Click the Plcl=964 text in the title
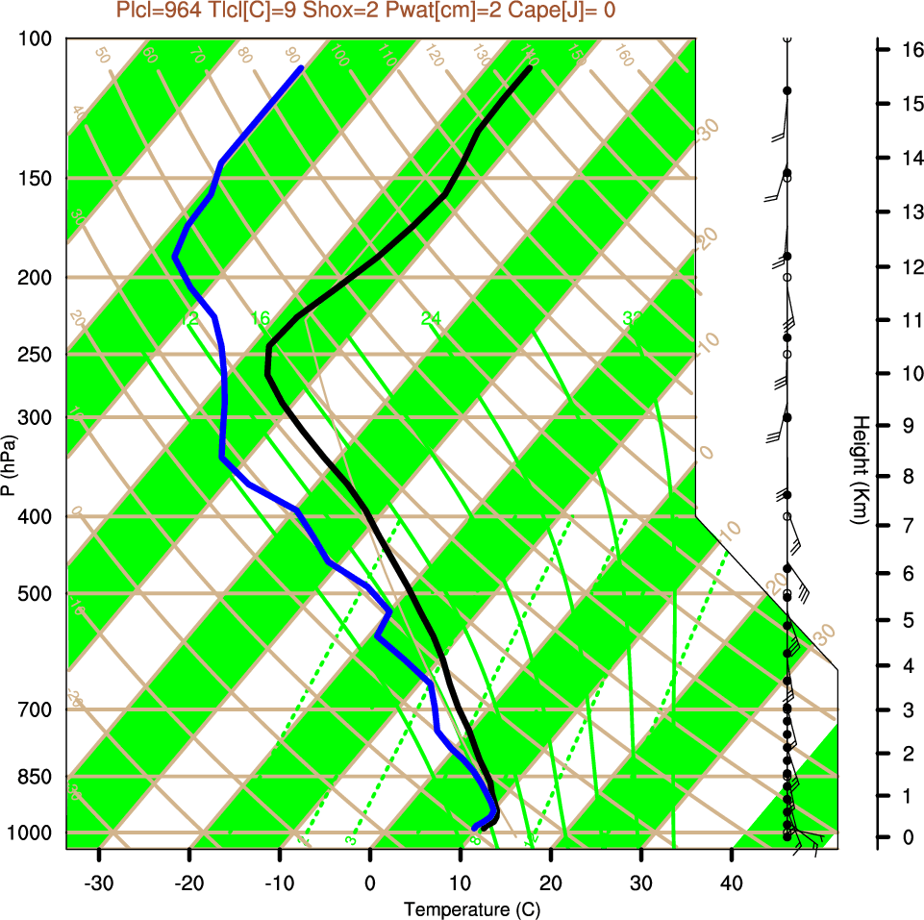(159, 11)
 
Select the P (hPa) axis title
(9, 465)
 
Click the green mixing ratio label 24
(431, 318)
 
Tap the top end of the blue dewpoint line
(302, 68)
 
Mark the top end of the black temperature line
(530, 68)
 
